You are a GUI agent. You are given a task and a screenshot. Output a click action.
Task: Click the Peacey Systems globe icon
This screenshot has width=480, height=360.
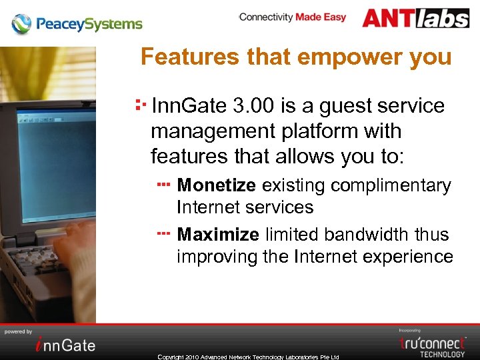coord(21,24)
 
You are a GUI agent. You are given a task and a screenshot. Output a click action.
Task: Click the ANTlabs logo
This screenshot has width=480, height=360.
coord(416,18)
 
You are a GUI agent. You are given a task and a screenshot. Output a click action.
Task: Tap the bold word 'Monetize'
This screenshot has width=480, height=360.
coord(216,185)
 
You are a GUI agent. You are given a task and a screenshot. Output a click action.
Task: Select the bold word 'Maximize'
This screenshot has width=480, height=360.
coord(218,235)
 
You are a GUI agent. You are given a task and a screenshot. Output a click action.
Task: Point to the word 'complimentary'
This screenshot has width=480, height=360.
coord(392,185)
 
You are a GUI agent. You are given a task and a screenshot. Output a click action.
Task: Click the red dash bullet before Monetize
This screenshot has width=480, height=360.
coord(164,183)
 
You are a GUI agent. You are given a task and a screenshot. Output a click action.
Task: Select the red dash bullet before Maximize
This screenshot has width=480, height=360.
coord(164,233)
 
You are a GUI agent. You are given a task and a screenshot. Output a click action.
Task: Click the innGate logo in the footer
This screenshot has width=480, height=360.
coord(65,344)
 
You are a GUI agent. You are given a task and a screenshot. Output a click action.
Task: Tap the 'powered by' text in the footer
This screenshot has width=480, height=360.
coord(19,331)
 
